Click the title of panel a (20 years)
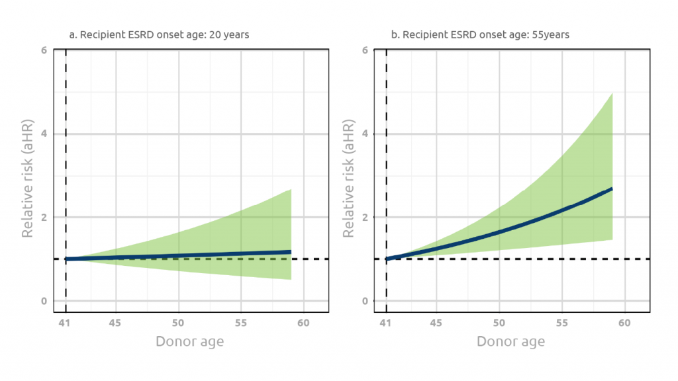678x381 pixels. tap(160, 34)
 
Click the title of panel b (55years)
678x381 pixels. tap(480, 34)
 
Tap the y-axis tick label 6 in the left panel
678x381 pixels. tap(44, 50)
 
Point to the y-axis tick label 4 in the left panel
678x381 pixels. tap(44, 134)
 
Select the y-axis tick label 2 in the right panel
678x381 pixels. tap(365, 218)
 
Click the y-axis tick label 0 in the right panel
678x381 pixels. tap(365, 301)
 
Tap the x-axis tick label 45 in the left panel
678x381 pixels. tap(116, 323)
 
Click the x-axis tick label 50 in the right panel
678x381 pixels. tap(499, 323)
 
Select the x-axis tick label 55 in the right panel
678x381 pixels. tap(561, 323)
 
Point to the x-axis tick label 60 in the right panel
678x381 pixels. tap(624, 323)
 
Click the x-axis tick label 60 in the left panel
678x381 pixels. tap(303, 323)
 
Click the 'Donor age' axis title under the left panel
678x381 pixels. tap(189, 342)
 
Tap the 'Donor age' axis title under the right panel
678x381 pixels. tap(510, 342)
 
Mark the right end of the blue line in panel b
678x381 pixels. tap(611, 189)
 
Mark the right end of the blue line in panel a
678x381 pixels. tap(291, 251)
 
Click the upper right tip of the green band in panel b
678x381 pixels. tap(612, 93)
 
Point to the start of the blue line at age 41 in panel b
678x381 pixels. tap(387, 259)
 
